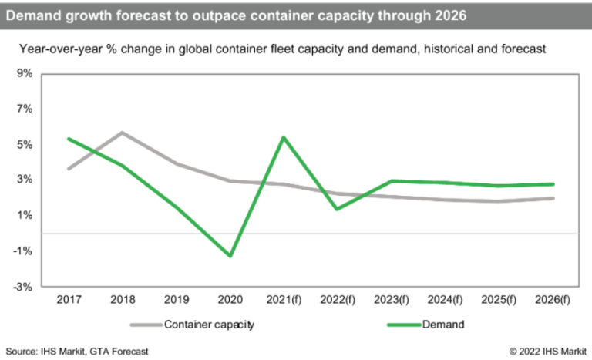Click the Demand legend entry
(443, 325)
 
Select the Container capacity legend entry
(209, 325)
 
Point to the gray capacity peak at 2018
(124, 133)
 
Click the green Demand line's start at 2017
(69, 139)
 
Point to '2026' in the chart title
(449, 15)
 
